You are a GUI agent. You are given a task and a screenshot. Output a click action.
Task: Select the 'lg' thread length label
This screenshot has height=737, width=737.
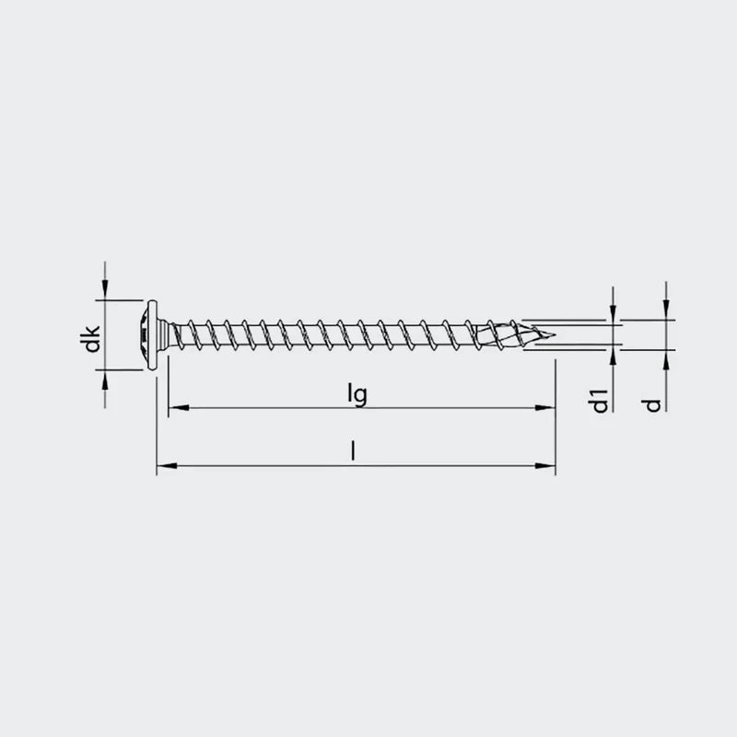pyautogui.click(x=357, y=393)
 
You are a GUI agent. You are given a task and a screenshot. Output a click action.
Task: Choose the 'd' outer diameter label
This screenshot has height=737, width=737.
pyautogui.click(x=654, y=404)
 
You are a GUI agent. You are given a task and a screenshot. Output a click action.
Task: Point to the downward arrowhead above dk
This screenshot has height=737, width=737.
pyautogui.click(x=105, y=292)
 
